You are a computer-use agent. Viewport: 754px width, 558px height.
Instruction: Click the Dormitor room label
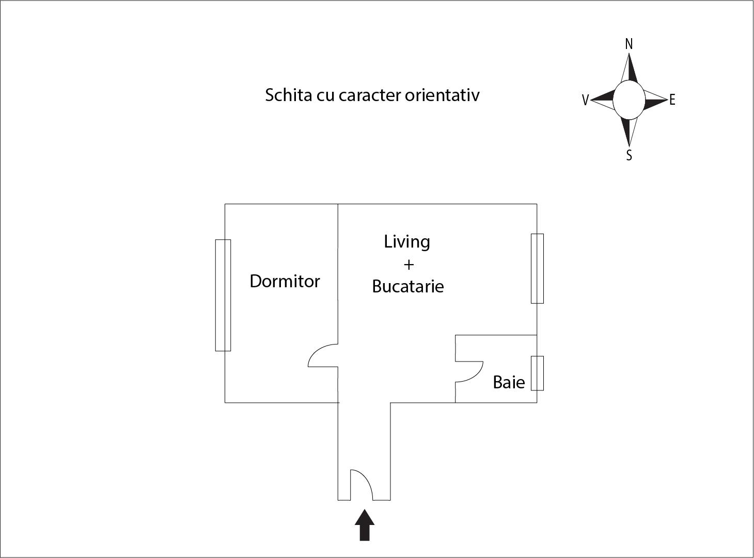285,281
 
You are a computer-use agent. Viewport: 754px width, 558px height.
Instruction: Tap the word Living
407,242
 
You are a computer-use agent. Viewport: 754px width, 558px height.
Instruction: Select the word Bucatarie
408,286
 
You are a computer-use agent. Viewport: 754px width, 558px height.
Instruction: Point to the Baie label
509,383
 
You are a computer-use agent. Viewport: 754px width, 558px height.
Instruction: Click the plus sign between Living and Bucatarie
409,265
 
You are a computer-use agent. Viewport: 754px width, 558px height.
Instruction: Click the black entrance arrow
365,524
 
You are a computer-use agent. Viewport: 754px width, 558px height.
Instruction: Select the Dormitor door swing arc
316,350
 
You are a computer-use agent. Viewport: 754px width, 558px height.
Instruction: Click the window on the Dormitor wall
223,295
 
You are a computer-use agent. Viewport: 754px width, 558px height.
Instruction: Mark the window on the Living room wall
537,268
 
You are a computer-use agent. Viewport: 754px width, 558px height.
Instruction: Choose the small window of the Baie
537,373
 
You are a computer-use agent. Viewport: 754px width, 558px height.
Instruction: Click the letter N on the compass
629,44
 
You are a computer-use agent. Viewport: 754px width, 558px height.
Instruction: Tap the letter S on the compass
629,155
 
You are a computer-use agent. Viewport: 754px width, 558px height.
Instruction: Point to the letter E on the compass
672,100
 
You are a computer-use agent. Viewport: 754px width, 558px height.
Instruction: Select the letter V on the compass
585,100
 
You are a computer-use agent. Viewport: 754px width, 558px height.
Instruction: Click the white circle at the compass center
629,100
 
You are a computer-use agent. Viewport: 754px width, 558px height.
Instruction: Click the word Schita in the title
288,95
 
